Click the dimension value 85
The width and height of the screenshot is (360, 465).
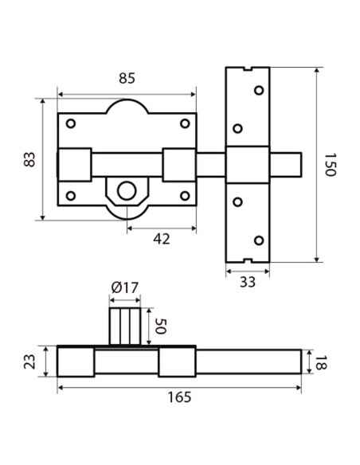pyautogui.click(x=126, y=80)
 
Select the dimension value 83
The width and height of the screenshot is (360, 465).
pyautogui.click(x=30, y=159)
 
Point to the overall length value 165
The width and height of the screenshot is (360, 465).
pyautogui.click(x=180, y=398)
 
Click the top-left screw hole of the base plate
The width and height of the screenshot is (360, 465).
pyautogui.click(x=70, y=123)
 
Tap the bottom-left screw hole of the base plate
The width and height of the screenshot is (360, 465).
pyautogui.click(x=70, y=195)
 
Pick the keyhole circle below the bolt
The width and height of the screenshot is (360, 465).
pyautogui.click(x=126, y=190)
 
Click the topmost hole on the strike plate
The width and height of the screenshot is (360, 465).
pyautogui.click(x=258, y=91)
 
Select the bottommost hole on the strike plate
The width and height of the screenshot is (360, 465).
pyautogui.click(x=258, y=240)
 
